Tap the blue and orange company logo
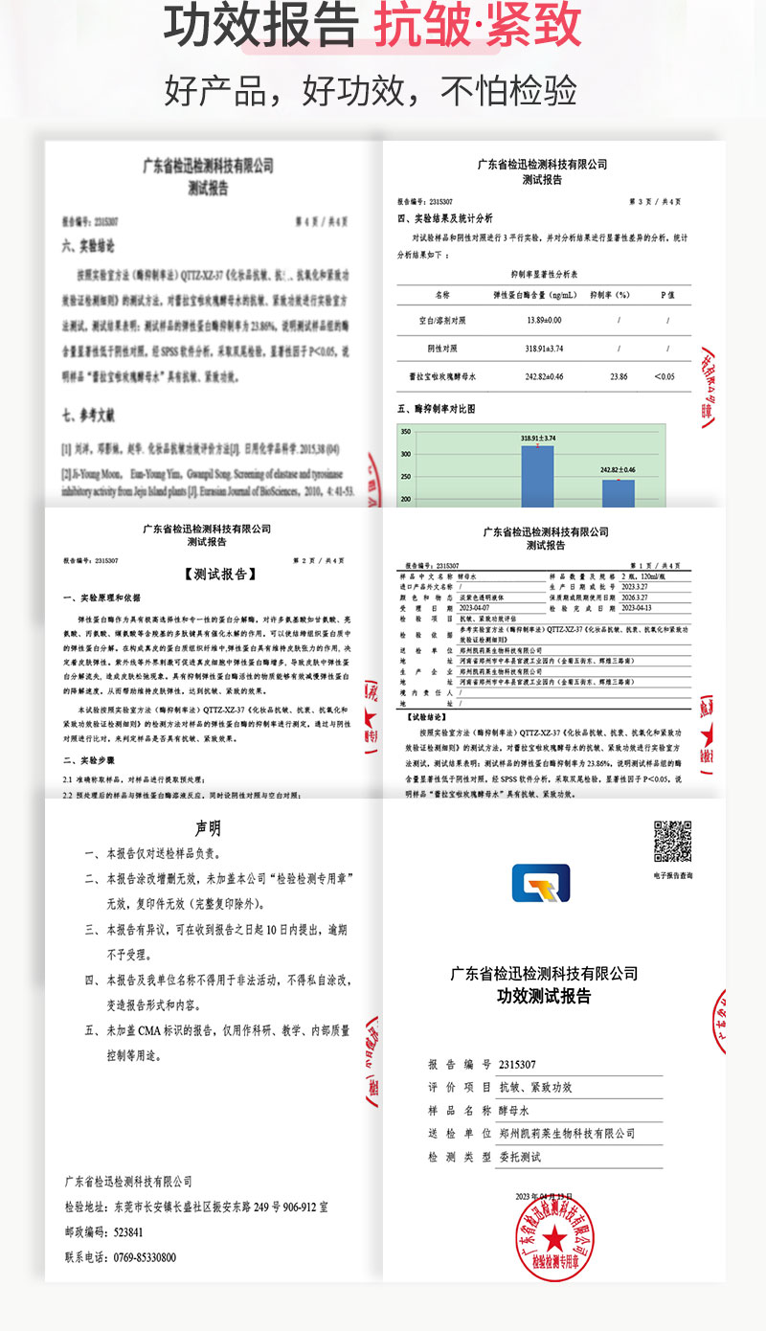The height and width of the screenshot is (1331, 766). [x=540, y=883]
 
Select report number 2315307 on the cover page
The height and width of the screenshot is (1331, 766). [x=517, y=1064]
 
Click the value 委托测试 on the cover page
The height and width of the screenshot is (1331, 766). [x=518, y=1157]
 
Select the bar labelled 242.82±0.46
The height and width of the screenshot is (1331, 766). [x=618, y=492]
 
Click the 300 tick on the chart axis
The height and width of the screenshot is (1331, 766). [x=406, y=455]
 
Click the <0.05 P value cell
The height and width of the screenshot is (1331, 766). [x=664, y=377]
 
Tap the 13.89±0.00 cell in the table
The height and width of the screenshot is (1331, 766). [x=519, y=319]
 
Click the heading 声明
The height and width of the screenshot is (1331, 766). [x=208, y=827]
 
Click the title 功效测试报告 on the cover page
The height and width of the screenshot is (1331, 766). [x=543, y=996]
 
